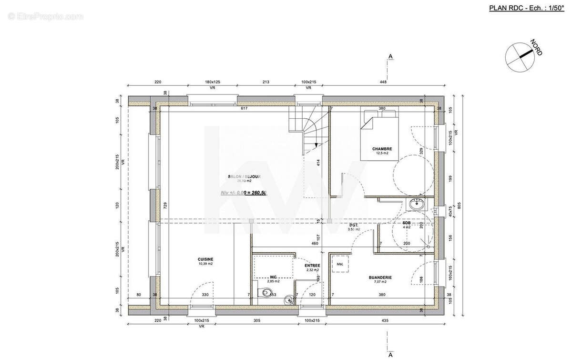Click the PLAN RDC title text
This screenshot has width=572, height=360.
[x=506, y=8]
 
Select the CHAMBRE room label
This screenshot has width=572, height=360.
[x=382, y=149]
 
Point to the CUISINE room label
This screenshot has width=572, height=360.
[x=205, y=259]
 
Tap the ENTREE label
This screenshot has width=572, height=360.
[x=312, y=266]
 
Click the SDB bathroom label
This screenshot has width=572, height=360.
[x=406, y=223]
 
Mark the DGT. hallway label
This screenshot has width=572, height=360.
[x=353, y=225]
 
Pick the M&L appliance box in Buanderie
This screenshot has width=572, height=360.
[x=340, y=264]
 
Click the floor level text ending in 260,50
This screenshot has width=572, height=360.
[x=243, y=193]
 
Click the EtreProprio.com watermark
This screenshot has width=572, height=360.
[x=45, y=17]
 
